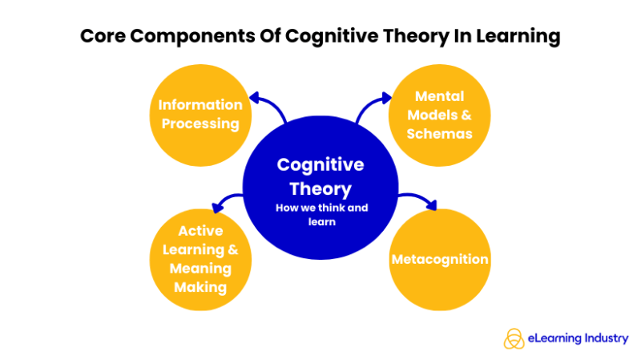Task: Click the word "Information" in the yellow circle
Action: pos(200,105)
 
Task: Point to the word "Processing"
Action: pos(200,123)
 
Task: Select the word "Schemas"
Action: pos(439,133)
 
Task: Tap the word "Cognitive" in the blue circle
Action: pos(320,165)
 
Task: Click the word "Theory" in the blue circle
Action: pos(320,189)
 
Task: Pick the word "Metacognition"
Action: pos(439,260)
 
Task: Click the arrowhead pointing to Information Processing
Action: pos(255,99)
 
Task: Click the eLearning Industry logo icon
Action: pos(514,339)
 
